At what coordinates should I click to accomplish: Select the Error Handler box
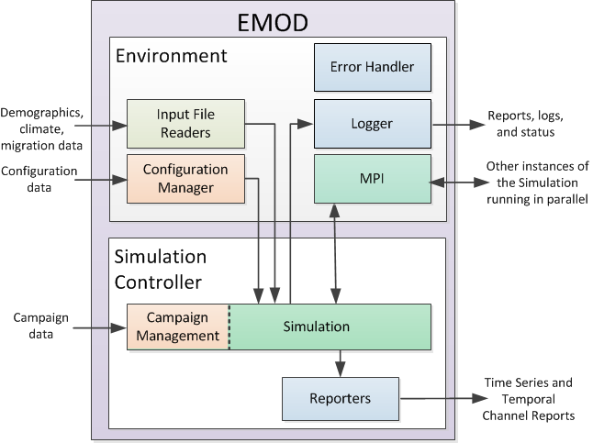click(372, 67)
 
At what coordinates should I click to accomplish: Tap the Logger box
click(372, 124)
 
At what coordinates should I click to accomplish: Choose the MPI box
click(372, 179)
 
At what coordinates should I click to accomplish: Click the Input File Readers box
click(186, 124)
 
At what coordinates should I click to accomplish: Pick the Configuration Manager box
click(186, 179)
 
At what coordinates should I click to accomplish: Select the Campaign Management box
click(178, 327)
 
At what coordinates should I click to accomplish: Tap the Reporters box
click(341, 398)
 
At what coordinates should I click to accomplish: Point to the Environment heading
click(171, 56)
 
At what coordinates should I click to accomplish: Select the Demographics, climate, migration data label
click(43, 130)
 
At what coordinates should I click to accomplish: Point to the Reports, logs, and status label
click(525, 125)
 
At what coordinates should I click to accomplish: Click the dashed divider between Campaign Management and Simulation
click(229, 327)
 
